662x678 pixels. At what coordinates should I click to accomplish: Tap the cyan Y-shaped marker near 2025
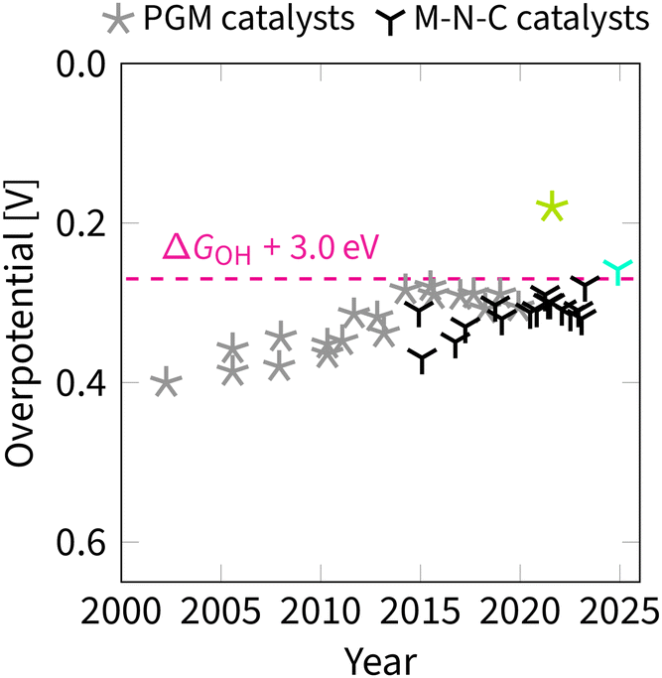pos(618,269)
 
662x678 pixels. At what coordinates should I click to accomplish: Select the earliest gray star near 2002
pos(166,383)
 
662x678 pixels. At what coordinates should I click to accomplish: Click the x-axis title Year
pos(380,658)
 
